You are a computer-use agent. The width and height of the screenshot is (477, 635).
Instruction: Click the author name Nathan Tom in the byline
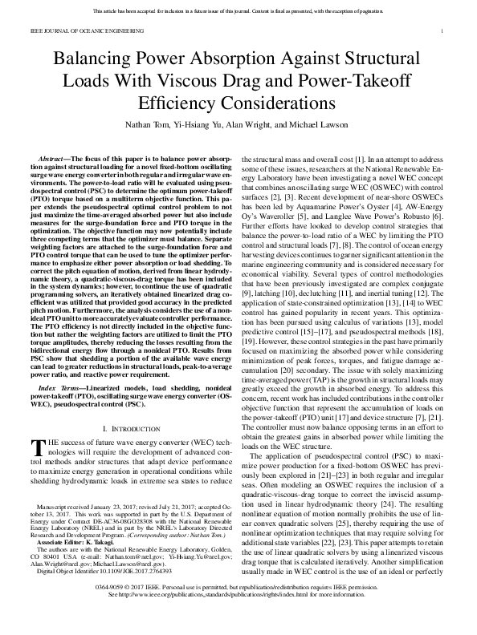[151, 126]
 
